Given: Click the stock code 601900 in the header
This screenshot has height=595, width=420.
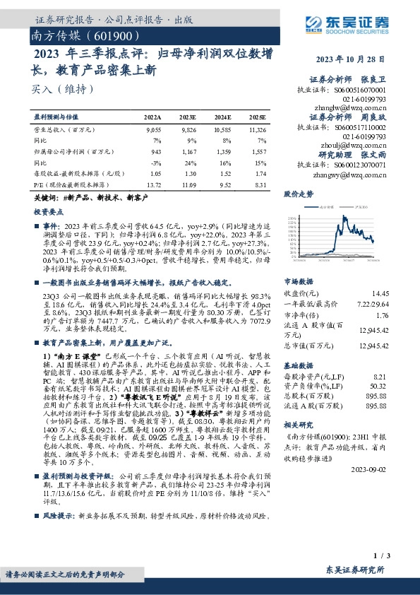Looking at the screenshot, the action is point(114,35).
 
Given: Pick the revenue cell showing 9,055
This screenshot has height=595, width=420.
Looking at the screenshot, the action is point(153,130).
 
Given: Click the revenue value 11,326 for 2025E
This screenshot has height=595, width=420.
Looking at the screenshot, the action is point(257,130).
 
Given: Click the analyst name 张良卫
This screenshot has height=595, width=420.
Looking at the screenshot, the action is point(374,79).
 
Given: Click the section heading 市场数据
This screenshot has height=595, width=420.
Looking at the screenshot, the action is point(297,280).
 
